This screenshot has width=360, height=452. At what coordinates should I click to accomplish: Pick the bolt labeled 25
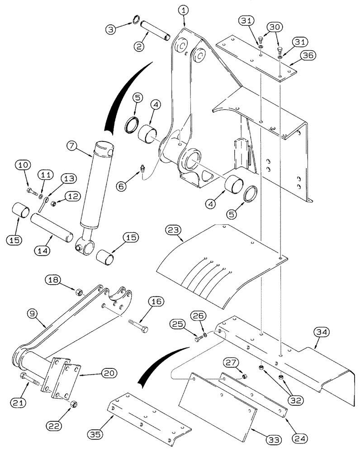pos(198,338)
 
